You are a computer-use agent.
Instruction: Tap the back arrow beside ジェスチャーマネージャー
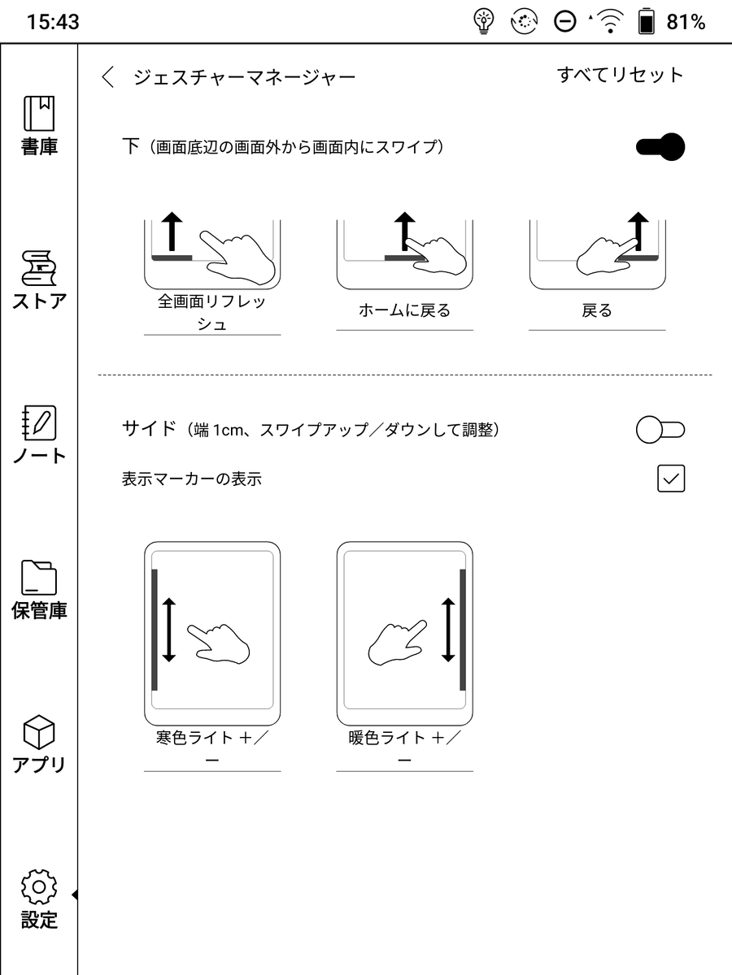coord(108,77)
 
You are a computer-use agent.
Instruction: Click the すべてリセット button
coord(620,76)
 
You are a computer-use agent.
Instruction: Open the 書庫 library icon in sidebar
coord(39,115)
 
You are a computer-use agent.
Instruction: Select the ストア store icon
coord(39,268)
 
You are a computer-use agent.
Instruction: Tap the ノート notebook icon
coord(39,423)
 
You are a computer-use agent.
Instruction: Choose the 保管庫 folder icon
coord(39,578)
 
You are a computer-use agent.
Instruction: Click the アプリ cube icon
coord(39,732)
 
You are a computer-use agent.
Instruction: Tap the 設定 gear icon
coord(39,886)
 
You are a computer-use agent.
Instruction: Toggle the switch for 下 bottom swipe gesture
coord(660,148)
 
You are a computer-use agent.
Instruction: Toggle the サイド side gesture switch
coord(660,430)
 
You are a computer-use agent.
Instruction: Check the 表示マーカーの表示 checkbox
coord(671,479)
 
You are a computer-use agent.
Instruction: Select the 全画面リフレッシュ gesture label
coord(212,313)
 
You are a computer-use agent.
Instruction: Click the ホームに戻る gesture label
coord(404,310)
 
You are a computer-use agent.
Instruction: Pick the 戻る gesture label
coord(596,310)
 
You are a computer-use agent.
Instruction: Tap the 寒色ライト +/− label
coord(212,748)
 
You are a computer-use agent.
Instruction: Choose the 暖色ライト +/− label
coord(404,748)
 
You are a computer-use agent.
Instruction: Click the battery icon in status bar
coord(647,22)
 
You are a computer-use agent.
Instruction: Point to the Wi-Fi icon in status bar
coord(608,22)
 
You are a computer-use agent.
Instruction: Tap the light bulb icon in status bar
coord(484,22)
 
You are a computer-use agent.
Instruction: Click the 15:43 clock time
coord(53,22)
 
